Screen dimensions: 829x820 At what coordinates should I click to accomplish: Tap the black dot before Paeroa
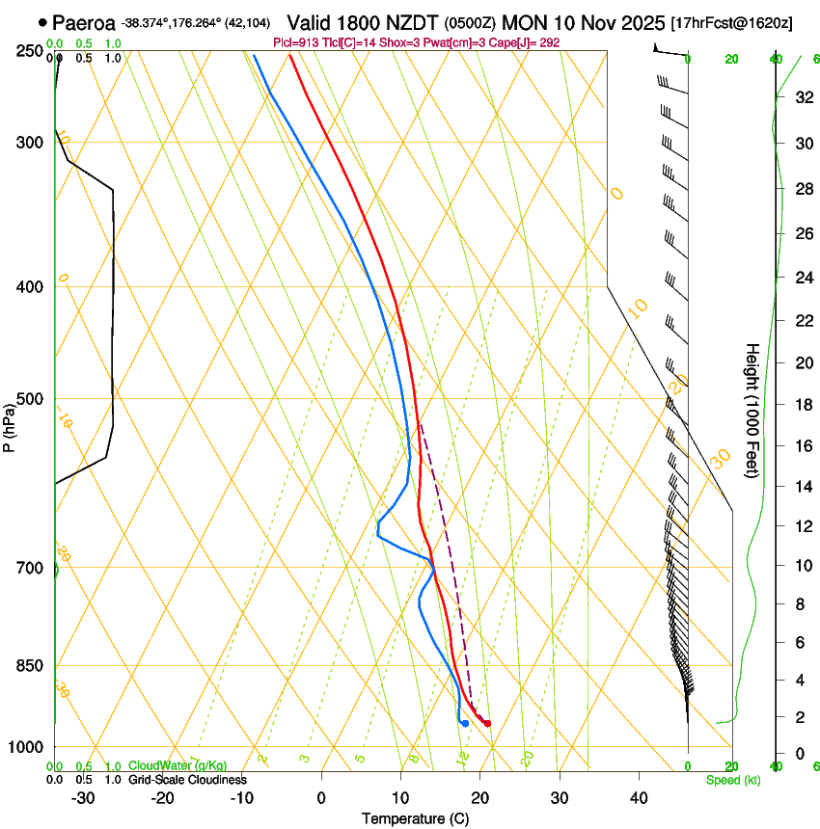(x=42, y=21)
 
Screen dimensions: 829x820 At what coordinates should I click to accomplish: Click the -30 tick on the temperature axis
(x=83, y=798)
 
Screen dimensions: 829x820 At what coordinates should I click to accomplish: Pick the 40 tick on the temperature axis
(x=638, y=798)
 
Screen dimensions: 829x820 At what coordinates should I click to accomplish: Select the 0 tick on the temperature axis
(x=321, y=798)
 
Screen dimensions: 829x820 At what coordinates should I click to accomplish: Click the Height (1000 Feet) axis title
(x=752, y=410)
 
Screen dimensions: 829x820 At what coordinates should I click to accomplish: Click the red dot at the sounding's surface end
(x=487, y=723)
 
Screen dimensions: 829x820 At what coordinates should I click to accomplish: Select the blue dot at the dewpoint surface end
(x=465, y=723)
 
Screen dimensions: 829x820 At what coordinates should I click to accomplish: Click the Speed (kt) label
(x=732, y=779)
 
